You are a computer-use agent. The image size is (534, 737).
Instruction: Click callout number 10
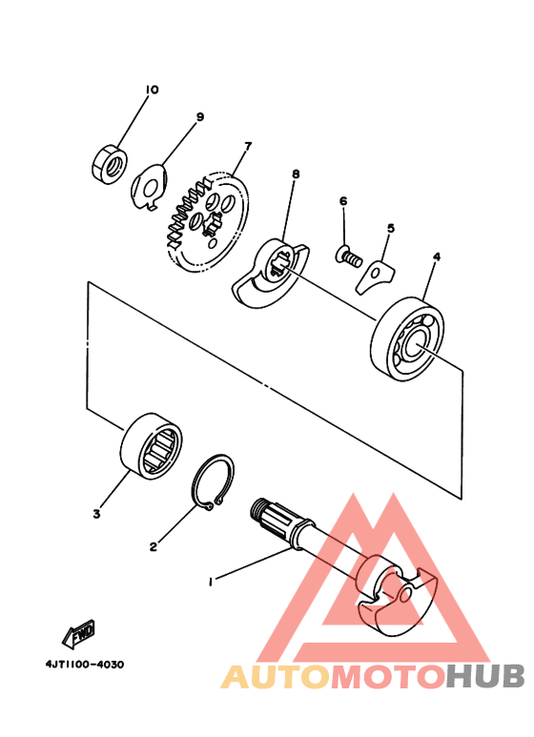151,90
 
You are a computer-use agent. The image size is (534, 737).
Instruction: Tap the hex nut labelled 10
110,164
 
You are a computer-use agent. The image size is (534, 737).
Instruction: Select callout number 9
200,117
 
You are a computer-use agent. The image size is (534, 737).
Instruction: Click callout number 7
247,147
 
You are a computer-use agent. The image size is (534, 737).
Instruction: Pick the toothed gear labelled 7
205,221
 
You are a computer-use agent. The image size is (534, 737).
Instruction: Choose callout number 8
296,175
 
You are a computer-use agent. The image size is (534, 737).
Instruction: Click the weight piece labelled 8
270,274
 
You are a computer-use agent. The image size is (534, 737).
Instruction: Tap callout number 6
342,201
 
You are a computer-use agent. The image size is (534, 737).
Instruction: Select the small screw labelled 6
348,256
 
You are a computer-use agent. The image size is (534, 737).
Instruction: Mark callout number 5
389,229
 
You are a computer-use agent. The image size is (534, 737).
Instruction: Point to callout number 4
436,257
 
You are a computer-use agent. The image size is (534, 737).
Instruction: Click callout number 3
96,514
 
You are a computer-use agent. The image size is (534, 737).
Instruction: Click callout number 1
212,579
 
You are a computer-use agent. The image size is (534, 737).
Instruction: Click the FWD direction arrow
78,632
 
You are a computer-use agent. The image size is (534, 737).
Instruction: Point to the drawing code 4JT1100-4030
84,665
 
